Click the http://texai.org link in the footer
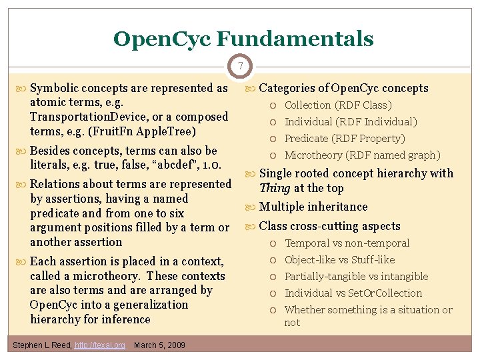click(99, 345)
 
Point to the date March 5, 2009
click(159, 345)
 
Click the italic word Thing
click(275, 188)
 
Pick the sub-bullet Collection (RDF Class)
click(338, 105)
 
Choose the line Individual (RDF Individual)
click(351, 122)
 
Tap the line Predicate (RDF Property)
click(345, 139)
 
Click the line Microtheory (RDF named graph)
click(362, 155)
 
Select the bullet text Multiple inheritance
click(313, 207)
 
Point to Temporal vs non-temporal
click(347, 243)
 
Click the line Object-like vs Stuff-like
click(339, 260)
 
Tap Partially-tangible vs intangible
click(356, 277)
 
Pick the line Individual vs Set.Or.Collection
click(353, 293)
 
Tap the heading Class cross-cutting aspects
click(329, 226)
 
